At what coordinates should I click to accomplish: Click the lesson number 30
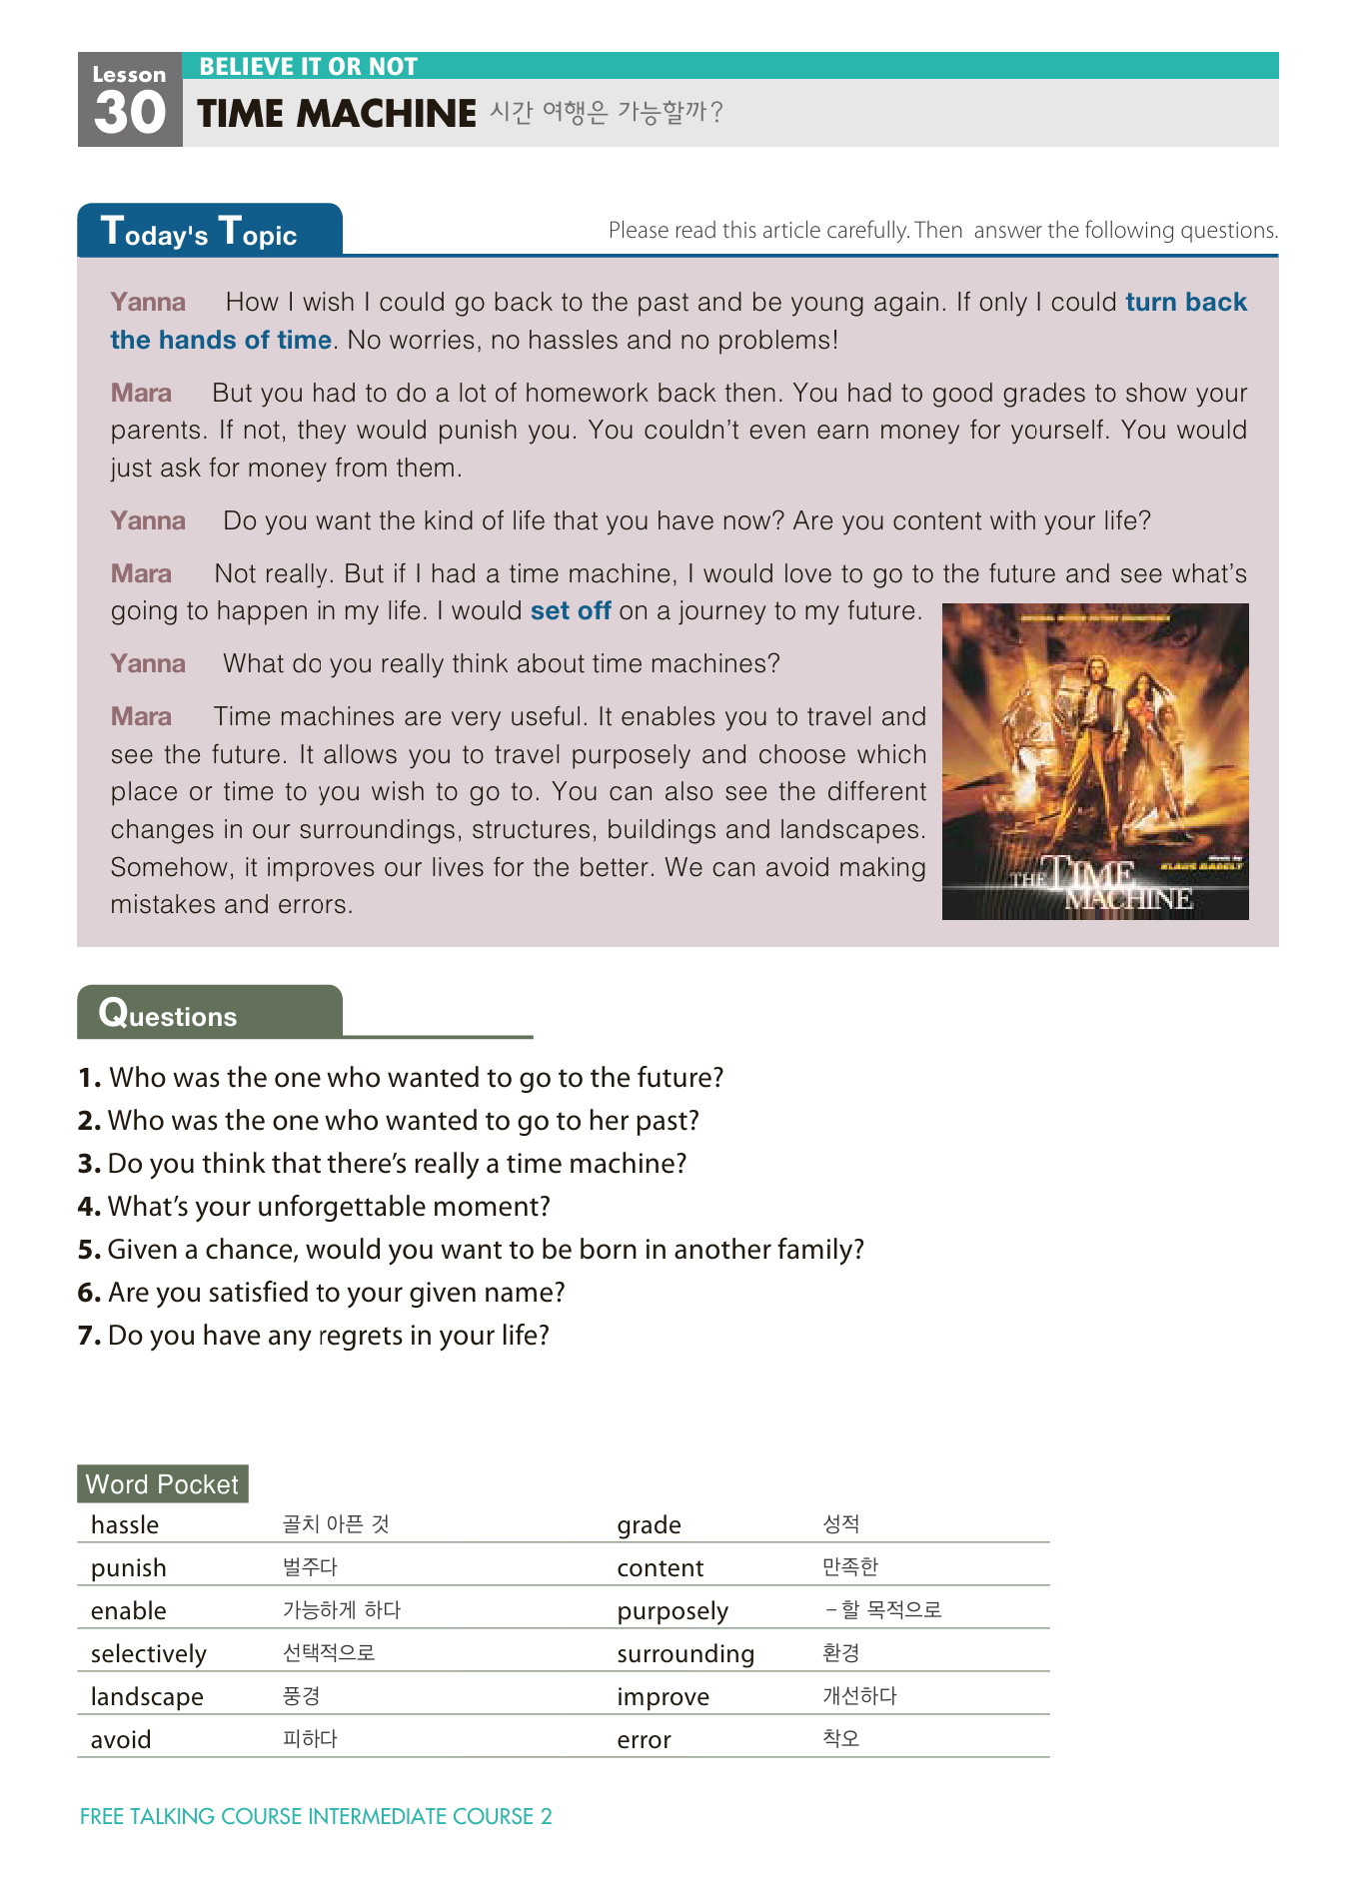point(130,112)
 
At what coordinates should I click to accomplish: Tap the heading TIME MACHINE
point(337,114)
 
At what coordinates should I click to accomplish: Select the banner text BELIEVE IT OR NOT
point(308,67)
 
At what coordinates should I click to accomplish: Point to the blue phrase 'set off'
point(571,610)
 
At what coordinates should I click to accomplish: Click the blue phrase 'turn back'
point(1186,302)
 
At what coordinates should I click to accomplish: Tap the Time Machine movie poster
point(1095,761)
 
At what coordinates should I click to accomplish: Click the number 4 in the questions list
point(89,1207)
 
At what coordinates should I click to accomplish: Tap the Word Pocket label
point(162,1484)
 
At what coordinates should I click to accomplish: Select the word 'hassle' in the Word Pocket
point(125,1525)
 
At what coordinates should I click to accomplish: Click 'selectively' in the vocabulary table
point(149,1654)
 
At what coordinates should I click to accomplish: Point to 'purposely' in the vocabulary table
point(673,1611)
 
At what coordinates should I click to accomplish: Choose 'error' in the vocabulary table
point(644,1740)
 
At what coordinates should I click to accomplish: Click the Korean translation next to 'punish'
point(310,1567)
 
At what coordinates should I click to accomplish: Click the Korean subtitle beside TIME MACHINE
point(606,112)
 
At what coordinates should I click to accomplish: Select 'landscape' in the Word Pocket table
point(147,1697)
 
